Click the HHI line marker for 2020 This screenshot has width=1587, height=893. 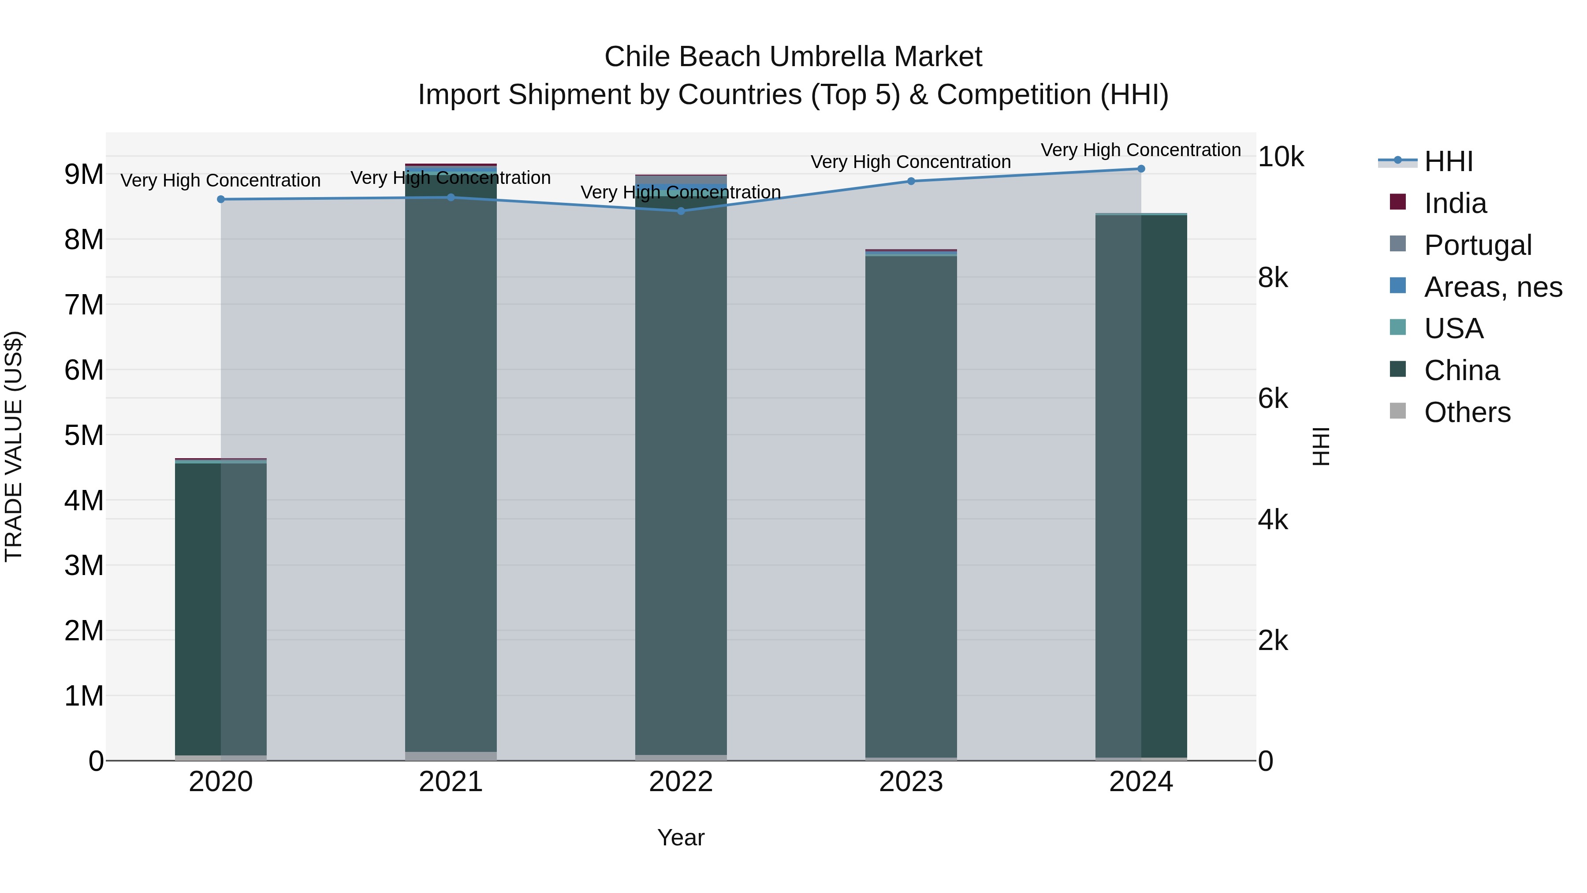[220, 199]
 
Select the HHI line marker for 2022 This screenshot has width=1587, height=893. [681, 211]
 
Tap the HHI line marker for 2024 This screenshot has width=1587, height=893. [1141, 169]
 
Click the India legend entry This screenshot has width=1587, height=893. [1455, 203]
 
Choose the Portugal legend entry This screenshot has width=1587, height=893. [1477, 245]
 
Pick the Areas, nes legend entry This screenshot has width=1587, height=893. [1493, 287]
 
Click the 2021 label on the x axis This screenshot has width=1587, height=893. [451, 782]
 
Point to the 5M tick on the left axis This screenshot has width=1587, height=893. [84, 435]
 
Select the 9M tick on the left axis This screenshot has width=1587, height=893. [84, 174]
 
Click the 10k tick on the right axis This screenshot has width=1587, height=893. [1280, 157]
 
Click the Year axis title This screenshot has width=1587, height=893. [681, 837]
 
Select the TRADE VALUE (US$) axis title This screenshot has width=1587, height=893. [14, 446]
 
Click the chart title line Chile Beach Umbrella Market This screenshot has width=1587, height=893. [793, 57]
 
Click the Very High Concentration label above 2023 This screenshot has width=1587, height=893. [911, 162]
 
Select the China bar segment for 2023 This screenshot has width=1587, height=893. [911, 505]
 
